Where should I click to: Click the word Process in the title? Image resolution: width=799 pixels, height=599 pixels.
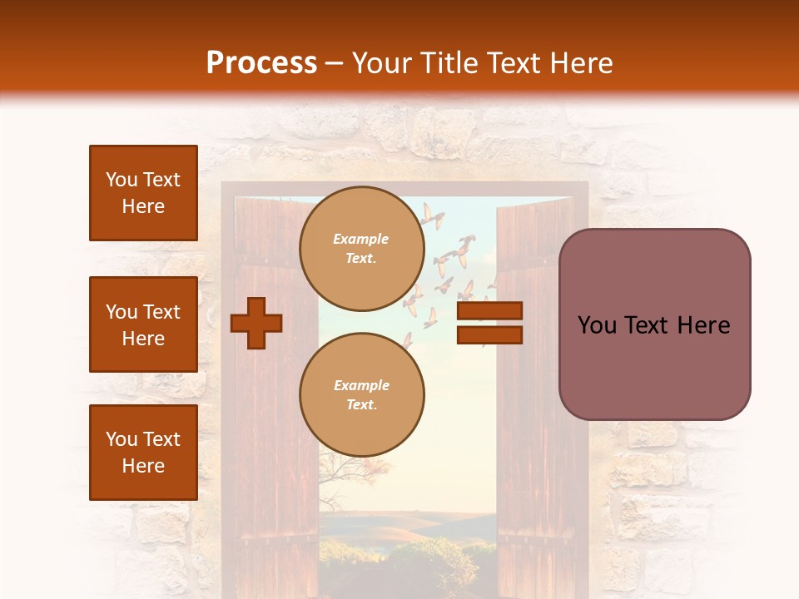[261, 63]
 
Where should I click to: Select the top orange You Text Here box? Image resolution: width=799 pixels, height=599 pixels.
[143, 193]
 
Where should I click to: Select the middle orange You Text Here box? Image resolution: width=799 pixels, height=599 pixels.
[143, 324]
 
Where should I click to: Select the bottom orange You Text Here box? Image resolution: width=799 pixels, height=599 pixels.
[143, 452]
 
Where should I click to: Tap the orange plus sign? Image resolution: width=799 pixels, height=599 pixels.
[256, 323]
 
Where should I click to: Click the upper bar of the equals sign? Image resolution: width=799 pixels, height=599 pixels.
[489, 311]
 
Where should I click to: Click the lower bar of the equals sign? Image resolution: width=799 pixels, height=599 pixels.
[489, 335]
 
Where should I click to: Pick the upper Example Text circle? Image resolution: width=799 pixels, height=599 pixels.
[361, 249]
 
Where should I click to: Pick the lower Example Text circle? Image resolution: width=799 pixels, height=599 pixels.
[361, 394]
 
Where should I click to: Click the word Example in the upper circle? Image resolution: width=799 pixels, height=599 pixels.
[361, 239]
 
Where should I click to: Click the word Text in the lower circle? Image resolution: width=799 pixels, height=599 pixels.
[361, 405]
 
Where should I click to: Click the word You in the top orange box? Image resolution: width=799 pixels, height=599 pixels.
[122, 180]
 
